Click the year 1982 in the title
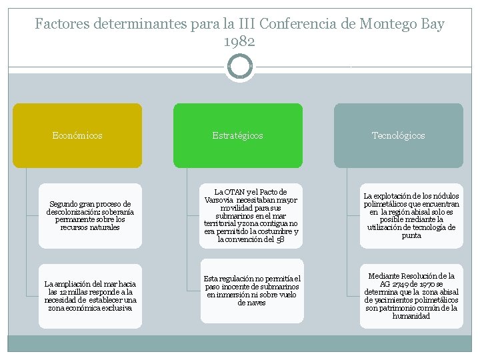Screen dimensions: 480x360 pyautogui.click(x=239, y=41)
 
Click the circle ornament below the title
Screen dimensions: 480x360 pyautogui.click(x=240, y=66)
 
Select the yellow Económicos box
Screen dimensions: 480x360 pyautogui.click(x=77, y=135)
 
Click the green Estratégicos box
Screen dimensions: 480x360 pyautogui.click(x=238, y=135)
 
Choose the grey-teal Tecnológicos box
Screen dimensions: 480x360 pyautogui.click(x=398, y=135)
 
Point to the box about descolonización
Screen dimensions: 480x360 pyautogui.click(x=90, y=215)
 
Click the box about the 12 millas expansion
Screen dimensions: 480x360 pyautogui.click(x=90, y=296)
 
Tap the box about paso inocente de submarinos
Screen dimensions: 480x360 pyautogui.click(x=251, y=291)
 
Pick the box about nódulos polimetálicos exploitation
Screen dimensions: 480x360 pyautogui.click(x=411, y=215)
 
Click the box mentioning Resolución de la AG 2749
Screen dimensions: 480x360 pyautogui.click(x=411, y=296)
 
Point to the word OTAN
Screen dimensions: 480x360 pyautogui.click(x=233, y=192)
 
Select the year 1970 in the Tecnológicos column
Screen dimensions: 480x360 pyautogui.click(x=427, y=284)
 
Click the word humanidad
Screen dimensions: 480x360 pyautogui.click(x=411, y=316)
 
